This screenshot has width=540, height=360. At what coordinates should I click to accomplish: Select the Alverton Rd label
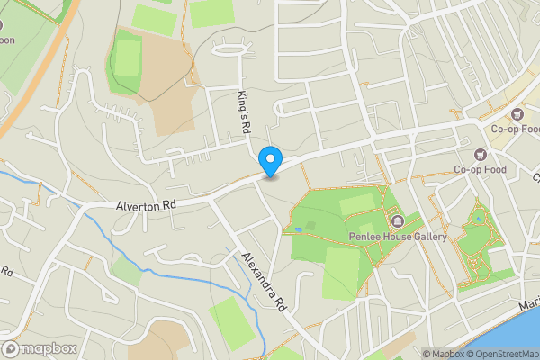145,206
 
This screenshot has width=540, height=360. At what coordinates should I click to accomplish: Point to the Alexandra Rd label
264,281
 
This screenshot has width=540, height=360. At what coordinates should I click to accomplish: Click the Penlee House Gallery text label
398,237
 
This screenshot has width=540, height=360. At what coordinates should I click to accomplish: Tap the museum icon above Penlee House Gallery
397,220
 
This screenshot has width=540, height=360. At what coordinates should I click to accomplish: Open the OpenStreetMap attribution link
502,354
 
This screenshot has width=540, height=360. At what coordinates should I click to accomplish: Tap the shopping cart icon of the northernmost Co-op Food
517,113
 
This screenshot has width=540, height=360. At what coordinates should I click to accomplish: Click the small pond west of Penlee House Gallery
298,229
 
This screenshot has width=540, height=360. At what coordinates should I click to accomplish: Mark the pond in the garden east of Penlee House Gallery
477,218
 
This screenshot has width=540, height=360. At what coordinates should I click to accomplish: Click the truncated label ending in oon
8,40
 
